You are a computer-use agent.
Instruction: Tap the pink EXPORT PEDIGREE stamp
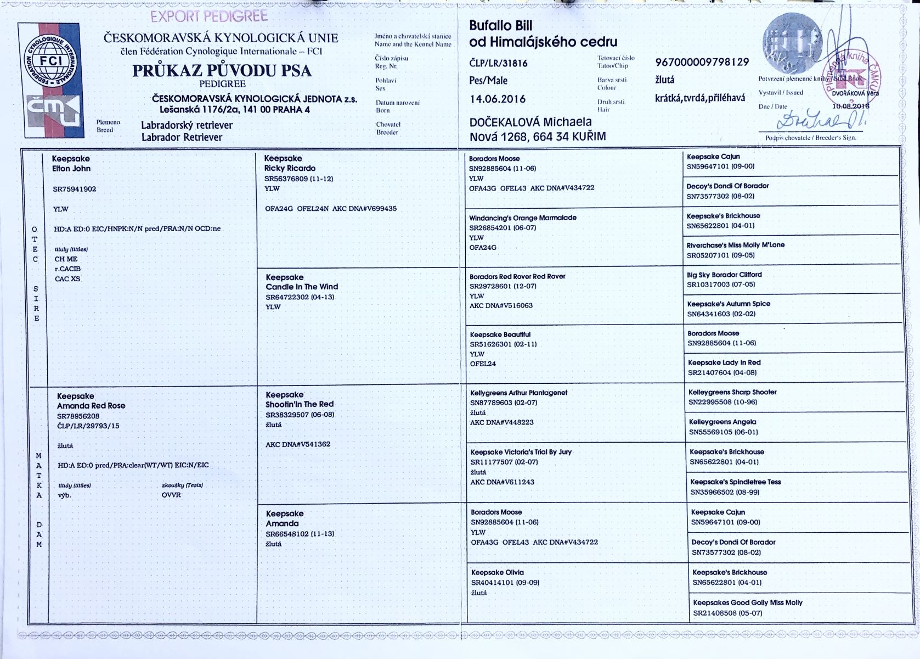pos(209,16)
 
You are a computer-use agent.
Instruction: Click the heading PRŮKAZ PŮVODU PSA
pos(222,70)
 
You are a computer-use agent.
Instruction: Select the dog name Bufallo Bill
pos(500,26)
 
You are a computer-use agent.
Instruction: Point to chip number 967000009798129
pos(702,62)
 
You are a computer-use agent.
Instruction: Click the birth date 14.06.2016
pos(498,99)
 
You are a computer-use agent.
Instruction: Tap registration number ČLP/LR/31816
pos(498,63)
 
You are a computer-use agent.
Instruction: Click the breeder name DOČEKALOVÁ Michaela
pos(530,122)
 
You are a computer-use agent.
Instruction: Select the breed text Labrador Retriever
pos(182,137)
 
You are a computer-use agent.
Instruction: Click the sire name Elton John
pos(71,169)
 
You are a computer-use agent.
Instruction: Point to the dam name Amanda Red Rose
pos(91,406)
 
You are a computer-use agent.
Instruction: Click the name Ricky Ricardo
pos(290,168)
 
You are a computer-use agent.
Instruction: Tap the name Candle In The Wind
pos(302,287)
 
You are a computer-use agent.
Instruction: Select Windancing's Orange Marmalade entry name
pos(522,217)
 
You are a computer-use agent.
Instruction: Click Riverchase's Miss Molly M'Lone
pos(735,245)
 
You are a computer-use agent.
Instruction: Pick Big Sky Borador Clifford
pos(724,275)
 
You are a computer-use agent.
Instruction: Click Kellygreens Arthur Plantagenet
pos(518,393)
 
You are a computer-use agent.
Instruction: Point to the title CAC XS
pos(67,279)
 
